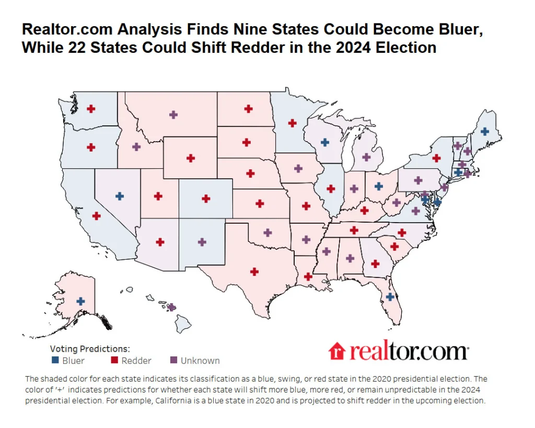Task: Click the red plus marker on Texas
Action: pos(254,271)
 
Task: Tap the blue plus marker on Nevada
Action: pos(120,196)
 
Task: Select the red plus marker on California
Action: pos(96,215)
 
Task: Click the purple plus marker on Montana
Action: pos(173,114)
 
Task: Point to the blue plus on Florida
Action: pos(390,296)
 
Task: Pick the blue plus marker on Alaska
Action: pos(80,301)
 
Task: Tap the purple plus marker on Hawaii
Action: pos(171,307)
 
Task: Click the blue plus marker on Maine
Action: pos(484,132)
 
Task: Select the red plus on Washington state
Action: pos(91,109)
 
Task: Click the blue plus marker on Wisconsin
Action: pos(324,142)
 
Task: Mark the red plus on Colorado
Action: pos(206,199)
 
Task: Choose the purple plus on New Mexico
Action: pos(202,242)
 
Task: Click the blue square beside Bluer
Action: pos(55,361)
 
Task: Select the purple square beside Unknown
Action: pos(174,361)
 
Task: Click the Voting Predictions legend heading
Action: pos(90,349)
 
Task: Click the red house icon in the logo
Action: pos(338,351)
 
